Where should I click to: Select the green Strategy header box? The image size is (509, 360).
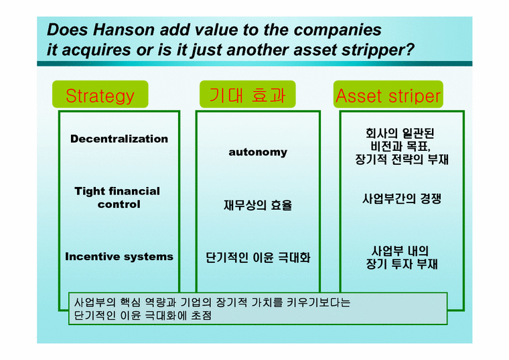pyautogui.click(x=100, y=96)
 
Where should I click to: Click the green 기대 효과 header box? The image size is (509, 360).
pyautogui.click(x=242, y=96)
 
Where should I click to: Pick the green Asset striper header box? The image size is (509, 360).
pyautogui.click(x=388, y=96)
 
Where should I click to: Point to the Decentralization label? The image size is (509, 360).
pyautogui.click(x=119, y=139)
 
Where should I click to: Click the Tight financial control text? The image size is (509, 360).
pyautogui.click(x=118, y=198)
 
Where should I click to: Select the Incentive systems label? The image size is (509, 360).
pyautogui.click(x=119, y=257)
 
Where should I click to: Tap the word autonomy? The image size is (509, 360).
pyautogui.click(x=258, y=152)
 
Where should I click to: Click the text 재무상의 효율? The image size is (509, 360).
pyautogui.click(x=258, y=205)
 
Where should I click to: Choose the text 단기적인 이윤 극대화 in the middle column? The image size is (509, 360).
pyautogui.click(x=258, y=257)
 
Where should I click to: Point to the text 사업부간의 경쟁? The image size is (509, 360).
pyautogui.click(x=402, y=199)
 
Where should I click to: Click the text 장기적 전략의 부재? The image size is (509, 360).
pyautogui.click(x=402, y=160)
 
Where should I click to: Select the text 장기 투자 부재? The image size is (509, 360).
pyautogui.click(x=402, y=264)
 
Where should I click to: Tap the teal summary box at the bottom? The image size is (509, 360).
pyautogui.click(x=259, y=309)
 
